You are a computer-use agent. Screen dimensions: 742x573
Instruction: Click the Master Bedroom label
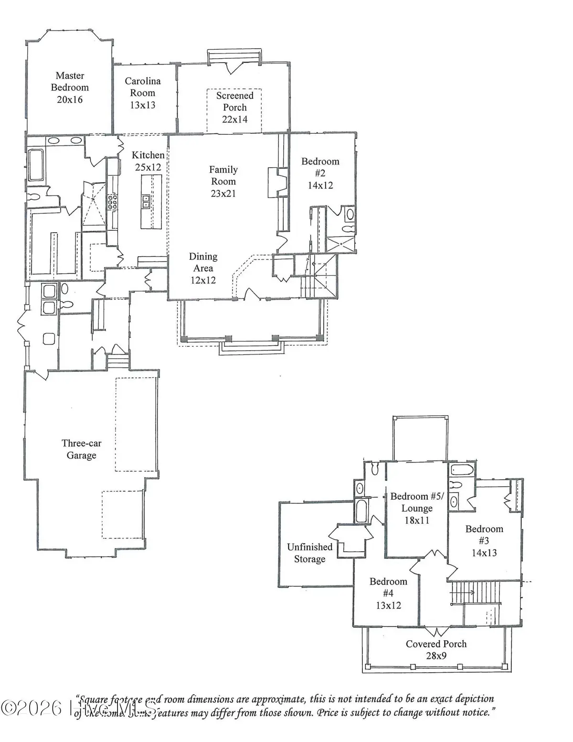70,87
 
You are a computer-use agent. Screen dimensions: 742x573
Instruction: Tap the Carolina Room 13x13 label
142,93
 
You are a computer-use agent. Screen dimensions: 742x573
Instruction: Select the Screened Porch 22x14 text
234,108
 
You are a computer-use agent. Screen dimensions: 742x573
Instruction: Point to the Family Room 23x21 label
223,182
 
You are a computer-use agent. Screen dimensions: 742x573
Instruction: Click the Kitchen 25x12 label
148,161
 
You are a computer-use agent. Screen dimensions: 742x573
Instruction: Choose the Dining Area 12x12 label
203,268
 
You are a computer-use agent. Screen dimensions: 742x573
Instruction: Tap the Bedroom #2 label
320,173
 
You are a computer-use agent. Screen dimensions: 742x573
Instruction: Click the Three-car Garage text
81,449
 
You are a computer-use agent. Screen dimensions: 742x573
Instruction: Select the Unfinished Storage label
309,553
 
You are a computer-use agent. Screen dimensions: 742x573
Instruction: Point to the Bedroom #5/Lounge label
417,508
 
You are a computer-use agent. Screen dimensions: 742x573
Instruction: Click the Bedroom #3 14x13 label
484,541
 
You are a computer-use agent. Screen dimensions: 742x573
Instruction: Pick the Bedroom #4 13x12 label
388,593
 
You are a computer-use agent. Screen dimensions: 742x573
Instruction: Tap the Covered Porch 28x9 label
436,649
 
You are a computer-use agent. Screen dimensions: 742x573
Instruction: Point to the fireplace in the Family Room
276,182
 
